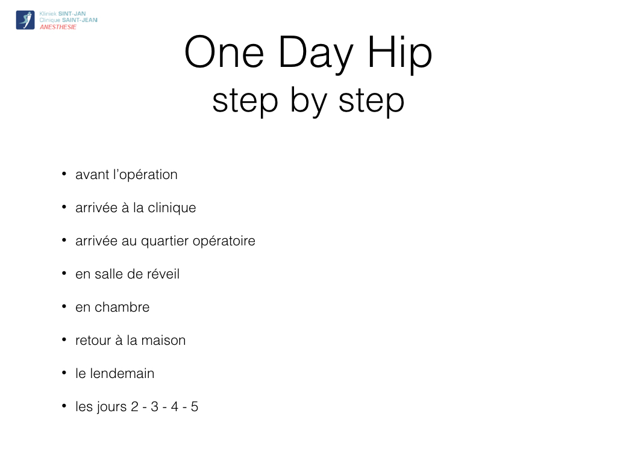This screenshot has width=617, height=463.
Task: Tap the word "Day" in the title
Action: (316, 55)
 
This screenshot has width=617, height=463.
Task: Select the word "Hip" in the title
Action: (400, 55)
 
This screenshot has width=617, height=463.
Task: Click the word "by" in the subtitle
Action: (309, 101)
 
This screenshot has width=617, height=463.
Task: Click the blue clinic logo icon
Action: (25, 20)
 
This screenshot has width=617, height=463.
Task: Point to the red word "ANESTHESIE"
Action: (58, 27)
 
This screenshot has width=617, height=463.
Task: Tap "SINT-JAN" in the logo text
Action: (72, 14)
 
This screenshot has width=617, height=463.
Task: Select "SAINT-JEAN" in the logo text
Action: (80, 20)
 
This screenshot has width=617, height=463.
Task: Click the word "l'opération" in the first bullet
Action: (145, 175)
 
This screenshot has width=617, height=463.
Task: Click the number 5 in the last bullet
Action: (195, 407)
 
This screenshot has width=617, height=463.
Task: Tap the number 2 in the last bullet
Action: (134, 407)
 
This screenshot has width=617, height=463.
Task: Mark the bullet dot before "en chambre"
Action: (64, 306)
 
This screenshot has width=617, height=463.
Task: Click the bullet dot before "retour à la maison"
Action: (64, 339)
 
